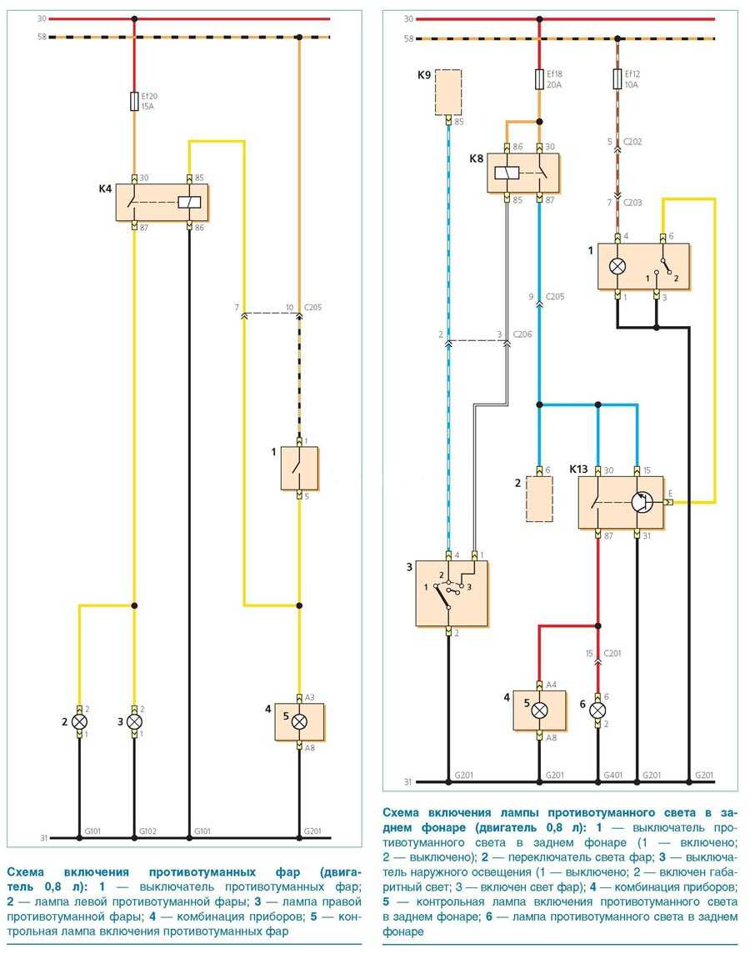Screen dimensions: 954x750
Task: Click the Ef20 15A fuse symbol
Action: pyautogui.click(x=135, y=102)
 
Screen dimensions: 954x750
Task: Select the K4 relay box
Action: pyautogui.click(x=162, y=202)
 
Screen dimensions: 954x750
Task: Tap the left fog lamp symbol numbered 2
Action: pyautogui.click(x=80, y=721)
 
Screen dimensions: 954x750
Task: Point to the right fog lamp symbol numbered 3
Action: pyautogui.click(x=135, y=721)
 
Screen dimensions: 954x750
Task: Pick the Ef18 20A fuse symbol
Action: pyautogui.click(x=539, y=79)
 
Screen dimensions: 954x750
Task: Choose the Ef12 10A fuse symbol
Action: pyautogui.click(x=617, y=79)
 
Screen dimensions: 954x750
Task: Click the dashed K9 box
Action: pyautogui.click(x=449, y=93)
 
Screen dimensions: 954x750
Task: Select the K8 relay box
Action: pyautogui.click(x=523, y=173)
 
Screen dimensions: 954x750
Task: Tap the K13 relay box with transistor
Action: pyautogui.click(x=621, y=502)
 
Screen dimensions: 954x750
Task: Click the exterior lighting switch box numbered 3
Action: pyautogui.click(x=452, y=593)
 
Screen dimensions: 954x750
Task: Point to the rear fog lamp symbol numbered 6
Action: pyautogui.click(x=597, y=710)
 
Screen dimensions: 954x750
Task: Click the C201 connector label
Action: pyautogui.click(x=613, y=653)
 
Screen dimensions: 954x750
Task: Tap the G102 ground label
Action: pyautogui.click(x=148, y=831)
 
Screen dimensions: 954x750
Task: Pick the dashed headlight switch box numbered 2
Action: pyautogui.click(x=539, y=499)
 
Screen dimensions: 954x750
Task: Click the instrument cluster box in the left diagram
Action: pyautogui.click(x=299, y=721)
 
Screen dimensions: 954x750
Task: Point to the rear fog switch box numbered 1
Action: pyautogui.click(x=642, y=267)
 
